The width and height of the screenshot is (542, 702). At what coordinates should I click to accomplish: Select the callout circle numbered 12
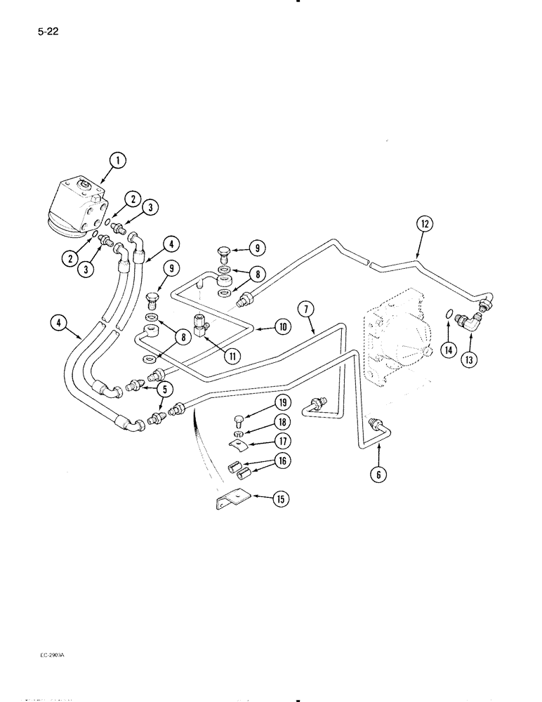pyautogui.click(x=424, y=225)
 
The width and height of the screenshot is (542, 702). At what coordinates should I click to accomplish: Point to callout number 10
pyautogui.click(x=283, y=326)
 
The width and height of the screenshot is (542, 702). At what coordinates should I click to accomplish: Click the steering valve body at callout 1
pyautogui.click(x=78, y=203)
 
